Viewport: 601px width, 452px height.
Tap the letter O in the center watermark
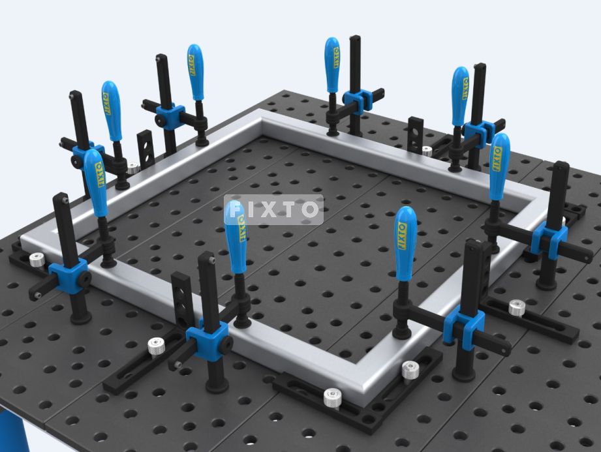(x=310, y=209)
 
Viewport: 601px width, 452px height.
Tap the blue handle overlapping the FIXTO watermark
(x=235, y=237)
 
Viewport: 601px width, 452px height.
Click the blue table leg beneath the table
(x=14, y=431)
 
